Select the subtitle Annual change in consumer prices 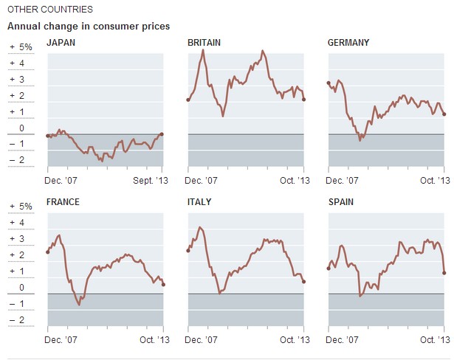coord(89,27)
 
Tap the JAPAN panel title coord(61,43)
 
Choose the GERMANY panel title coord(348,43)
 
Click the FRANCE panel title coord(63,202)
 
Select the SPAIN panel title coord(343,202)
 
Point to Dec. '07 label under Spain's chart coord(343,339)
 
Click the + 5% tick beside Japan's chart coord(21,47)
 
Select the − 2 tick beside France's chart coord(19,320)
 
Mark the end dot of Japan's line coord(162,134)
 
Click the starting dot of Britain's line coord(188,100)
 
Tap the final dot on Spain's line coord(444,273)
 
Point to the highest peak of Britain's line coord(264,51)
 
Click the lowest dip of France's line coord(79,304)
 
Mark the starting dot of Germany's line coord(328,83)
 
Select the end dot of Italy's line coord(304,282)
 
